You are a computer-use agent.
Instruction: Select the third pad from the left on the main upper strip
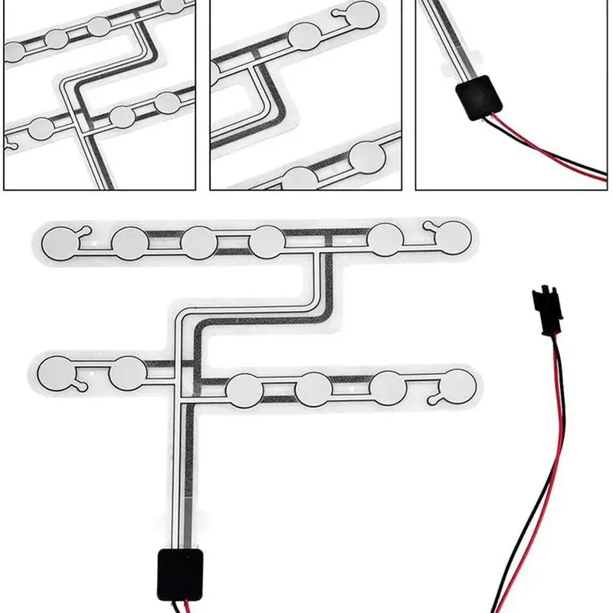(198, 242)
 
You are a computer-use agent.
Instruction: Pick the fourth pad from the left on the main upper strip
(267, 241)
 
